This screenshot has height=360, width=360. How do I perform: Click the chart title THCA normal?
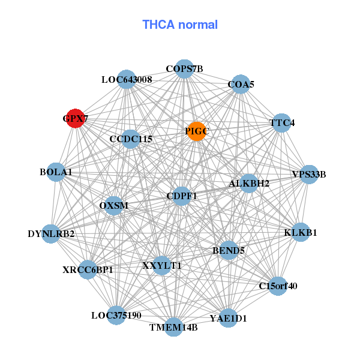[x=180, y=25]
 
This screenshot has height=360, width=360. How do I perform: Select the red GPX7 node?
[x=75, y=118]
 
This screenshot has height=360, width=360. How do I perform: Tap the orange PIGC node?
[x=197, y=131]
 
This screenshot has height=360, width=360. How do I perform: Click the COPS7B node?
[x=184, y=69]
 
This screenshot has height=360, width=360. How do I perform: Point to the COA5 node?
[x=240, y=85]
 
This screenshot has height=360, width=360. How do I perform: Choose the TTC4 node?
[x=282, y=123]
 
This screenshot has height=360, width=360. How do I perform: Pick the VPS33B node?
[x=309, y=175]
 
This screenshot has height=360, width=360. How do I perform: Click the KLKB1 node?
[x=301, y=232]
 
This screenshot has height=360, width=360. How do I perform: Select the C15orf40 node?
[x=277, y=286]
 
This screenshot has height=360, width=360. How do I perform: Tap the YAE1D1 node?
[x=227, y=317]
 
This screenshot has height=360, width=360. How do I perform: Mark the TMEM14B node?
[x=173, y=327]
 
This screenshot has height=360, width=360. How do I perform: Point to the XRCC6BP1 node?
[x=88, y=269]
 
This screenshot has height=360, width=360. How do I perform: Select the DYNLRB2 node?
[x=52, y=233]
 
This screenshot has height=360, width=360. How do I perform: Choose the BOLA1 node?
[x=56, y=172]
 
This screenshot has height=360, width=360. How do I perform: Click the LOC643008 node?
[x=127, y=79]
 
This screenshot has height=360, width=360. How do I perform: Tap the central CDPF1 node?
[x=181, y=196]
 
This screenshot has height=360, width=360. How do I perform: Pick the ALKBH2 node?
[x=249, y=183]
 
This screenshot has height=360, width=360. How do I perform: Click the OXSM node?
[x=114, y=205]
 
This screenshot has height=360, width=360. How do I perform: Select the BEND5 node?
[x=229, y=250]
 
